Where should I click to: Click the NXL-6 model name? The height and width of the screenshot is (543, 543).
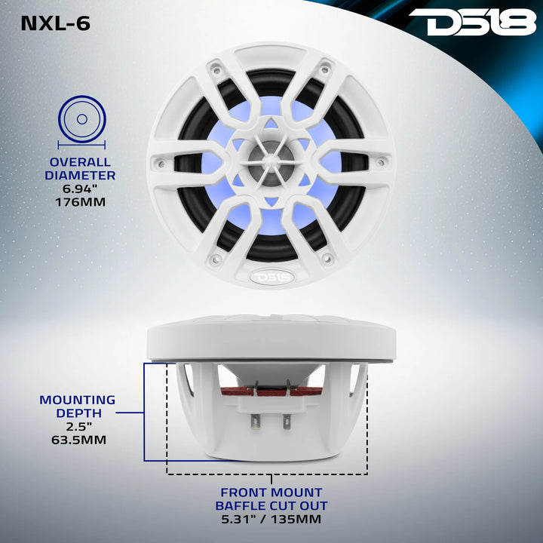(x=55, y=23)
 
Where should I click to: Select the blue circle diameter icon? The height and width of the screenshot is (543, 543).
(x=82, y=120)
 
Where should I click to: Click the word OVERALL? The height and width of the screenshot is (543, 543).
(x=80, y=162)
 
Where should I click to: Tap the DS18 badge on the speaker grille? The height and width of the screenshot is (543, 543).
(x=271, y=277)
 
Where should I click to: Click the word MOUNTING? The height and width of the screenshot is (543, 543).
(x=78, y=400)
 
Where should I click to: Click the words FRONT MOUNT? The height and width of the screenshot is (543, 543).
(x=271, y=493)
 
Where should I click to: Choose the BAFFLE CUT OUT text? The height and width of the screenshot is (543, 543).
(x=271, y=506)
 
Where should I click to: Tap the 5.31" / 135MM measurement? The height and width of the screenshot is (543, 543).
(x=271, y=520)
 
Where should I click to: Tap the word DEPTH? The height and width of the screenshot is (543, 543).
(x=78, y=413)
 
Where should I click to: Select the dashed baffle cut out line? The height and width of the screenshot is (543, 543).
(x=267, y=474)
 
